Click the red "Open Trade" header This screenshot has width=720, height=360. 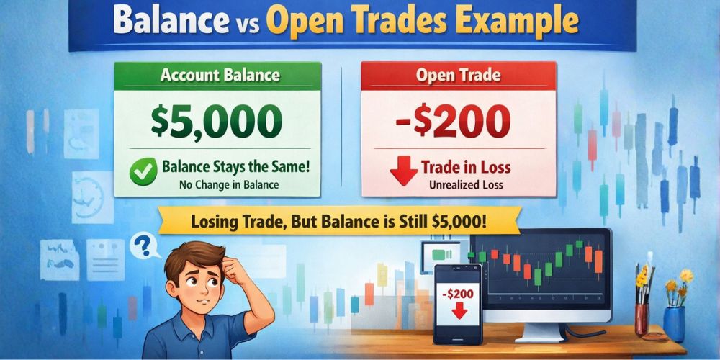point(458,75)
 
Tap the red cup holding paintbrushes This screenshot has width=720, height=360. point(642,318)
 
